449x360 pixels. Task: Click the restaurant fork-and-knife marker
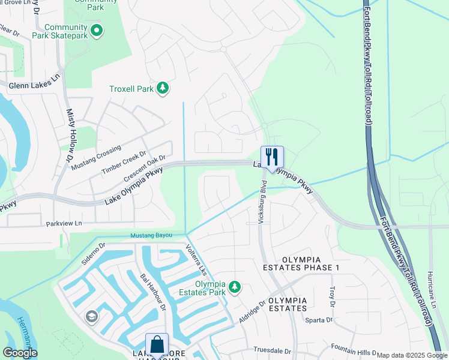coord(272,158)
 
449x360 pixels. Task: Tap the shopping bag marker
coord(157,345)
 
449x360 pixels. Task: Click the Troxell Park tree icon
coord(162,89)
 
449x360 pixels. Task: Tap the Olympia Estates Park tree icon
coord(235,289)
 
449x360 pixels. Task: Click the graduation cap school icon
coord(91,317)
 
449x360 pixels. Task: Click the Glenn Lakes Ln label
coord(35,86)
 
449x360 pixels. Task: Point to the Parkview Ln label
coord(63,223)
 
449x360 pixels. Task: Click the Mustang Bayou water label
coord(151,235)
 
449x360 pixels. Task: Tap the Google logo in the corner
coord(20,352)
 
